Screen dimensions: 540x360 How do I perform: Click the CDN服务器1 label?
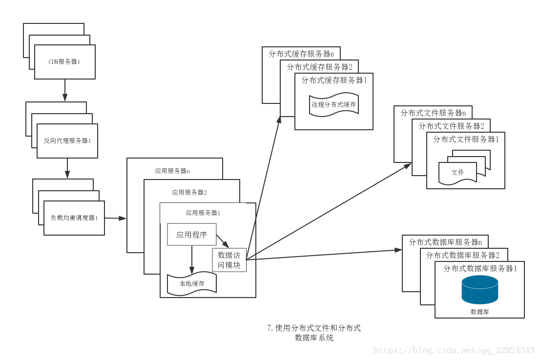(x=64, y=62)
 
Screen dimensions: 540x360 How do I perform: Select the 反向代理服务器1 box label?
(x=67, y=140)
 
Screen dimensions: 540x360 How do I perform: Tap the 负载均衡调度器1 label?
(x=74, y=218)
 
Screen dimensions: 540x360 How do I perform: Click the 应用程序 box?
(x=191, y=235)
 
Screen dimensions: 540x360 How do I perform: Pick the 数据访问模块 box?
(x=229, y=260)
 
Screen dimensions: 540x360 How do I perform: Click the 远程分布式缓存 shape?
(x=334, y=105)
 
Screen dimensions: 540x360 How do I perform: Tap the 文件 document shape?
(x=457, y=173)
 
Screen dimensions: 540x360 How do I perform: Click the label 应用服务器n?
(x=172, y=171)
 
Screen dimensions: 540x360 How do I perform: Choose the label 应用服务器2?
(x=189, y=192)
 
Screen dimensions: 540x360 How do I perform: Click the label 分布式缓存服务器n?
(x=301, y=54)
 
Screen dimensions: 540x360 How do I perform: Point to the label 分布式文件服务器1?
(x=466, y=139)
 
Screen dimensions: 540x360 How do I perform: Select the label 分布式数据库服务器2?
(x=462, y=255)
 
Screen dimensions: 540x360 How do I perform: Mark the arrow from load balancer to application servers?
(x=115, y=218)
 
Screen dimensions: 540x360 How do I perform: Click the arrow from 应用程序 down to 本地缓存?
(x=192, y=260)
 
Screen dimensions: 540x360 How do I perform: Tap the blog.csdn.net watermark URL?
(x=454, y=350)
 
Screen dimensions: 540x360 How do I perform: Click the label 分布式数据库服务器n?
(x=445, y=242)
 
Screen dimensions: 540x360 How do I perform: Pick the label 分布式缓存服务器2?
(x=319, y=67)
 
